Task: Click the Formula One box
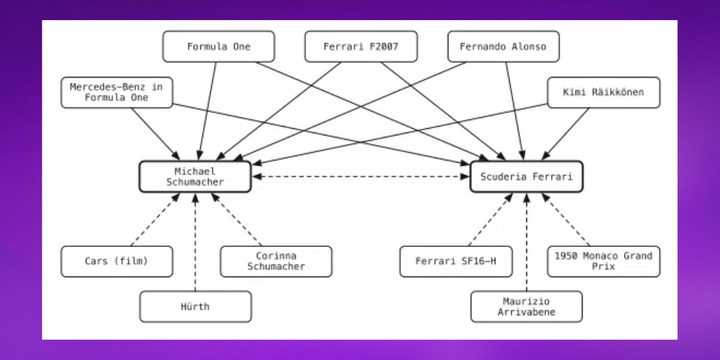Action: [x=218, y=47]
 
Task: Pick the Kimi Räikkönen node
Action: [x=603, y=92]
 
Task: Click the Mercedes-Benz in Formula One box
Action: [x=117, y=92]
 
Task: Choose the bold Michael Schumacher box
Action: [x=195, y=176]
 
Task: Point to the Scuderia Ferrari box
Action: [x=526, y=176]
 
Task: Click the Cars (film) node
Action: [x=117, y=261]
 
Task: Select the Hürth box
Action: [x=195, y=307]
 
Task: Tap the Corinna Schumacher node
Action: [x=276, y=261]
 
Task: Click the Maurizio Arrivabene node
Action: [x=526, y=307]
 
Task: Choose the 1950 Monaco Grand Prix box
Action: [x=603, y=261]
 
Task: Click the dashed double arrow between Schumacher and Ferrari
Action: [x=360, y=176]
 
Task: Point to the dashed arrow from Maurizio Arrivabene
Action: [x=526, y=241]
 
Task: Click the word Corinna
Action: [x=276, y=256]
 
